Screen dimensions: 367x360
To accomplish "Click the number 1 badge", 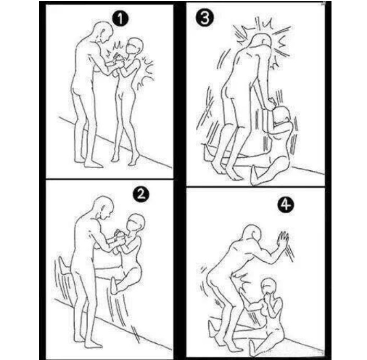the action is [120, 19].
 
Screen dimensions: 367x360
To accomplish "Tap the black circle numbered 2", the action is [141, 194].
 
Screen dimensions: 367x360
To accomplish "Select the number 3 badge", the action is [205, 18].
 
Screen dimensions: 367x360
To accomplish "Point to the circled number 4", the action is [286, 205].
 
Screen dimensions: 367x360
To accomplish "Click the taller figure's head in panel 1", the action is [103, 32].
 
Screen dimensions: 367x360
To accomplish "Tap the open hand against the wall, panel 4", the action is [283, 239].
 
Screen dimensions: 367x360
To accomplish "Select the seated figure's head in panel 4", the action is [269, 288].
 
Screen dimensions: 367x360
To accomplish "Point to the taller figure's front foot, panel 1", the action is [93, 164].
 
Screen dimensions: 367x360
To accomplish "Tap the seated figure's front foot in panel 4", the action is [252, 346].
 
